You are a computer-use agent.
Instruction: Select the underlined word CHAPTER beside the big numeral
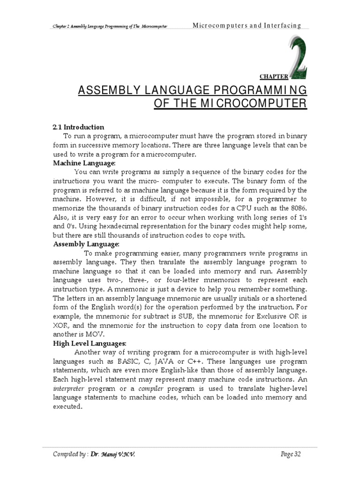click(x=273, y=76)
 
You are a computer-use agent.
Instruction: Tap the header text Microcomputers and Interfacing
click(x=247, y=25)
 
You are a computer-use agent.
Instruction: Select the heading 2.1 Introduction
click(x=78, y=127)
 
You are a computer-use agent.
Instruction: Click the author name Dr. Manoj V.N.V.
click(x=109, y=454)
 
